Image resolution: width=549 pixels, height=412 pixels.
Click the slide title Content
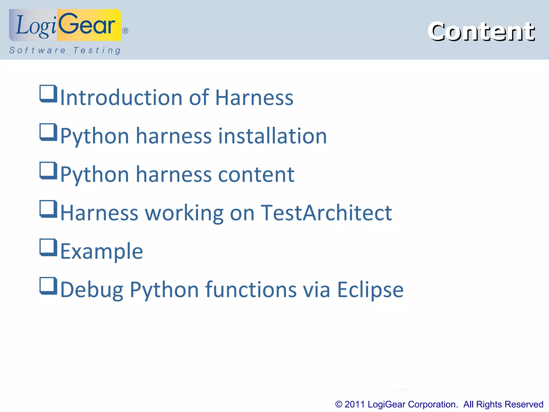coord(481,32)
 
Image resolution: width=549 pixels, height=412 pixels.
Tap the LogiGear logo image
coord(65,25)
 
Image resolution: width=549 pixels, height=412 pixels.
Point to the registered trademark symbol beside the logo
coord(125,31)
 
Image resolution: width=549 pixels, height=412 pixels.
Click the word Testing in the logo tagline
coord(97,50)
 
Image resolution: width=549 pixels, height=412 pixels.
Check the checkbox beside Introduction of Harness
coord(48,94)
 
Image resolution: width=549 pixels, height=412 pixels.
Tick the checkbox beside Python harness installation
coord(48,132)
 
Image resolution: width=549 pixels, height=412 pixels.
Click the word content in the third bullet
coord(256,174)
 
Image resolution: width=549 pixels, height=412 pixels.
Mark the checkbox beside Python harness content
coord(48,170)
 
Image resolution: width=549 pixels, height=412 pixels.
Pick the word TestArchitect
coord(326,213)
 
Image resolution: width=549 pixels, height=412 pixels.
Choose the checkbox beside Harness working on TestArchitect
coord(48,209)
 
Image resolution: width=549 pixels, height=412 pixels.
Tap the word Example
coord(102,252)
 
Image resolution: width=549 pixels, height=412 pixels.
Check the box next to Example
coord(48,247)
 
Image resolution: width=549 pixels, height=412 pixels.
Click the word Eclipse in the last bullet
coord(370,290)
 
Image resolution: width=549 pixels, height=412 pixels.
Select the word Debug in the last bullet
coord(92,290)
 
